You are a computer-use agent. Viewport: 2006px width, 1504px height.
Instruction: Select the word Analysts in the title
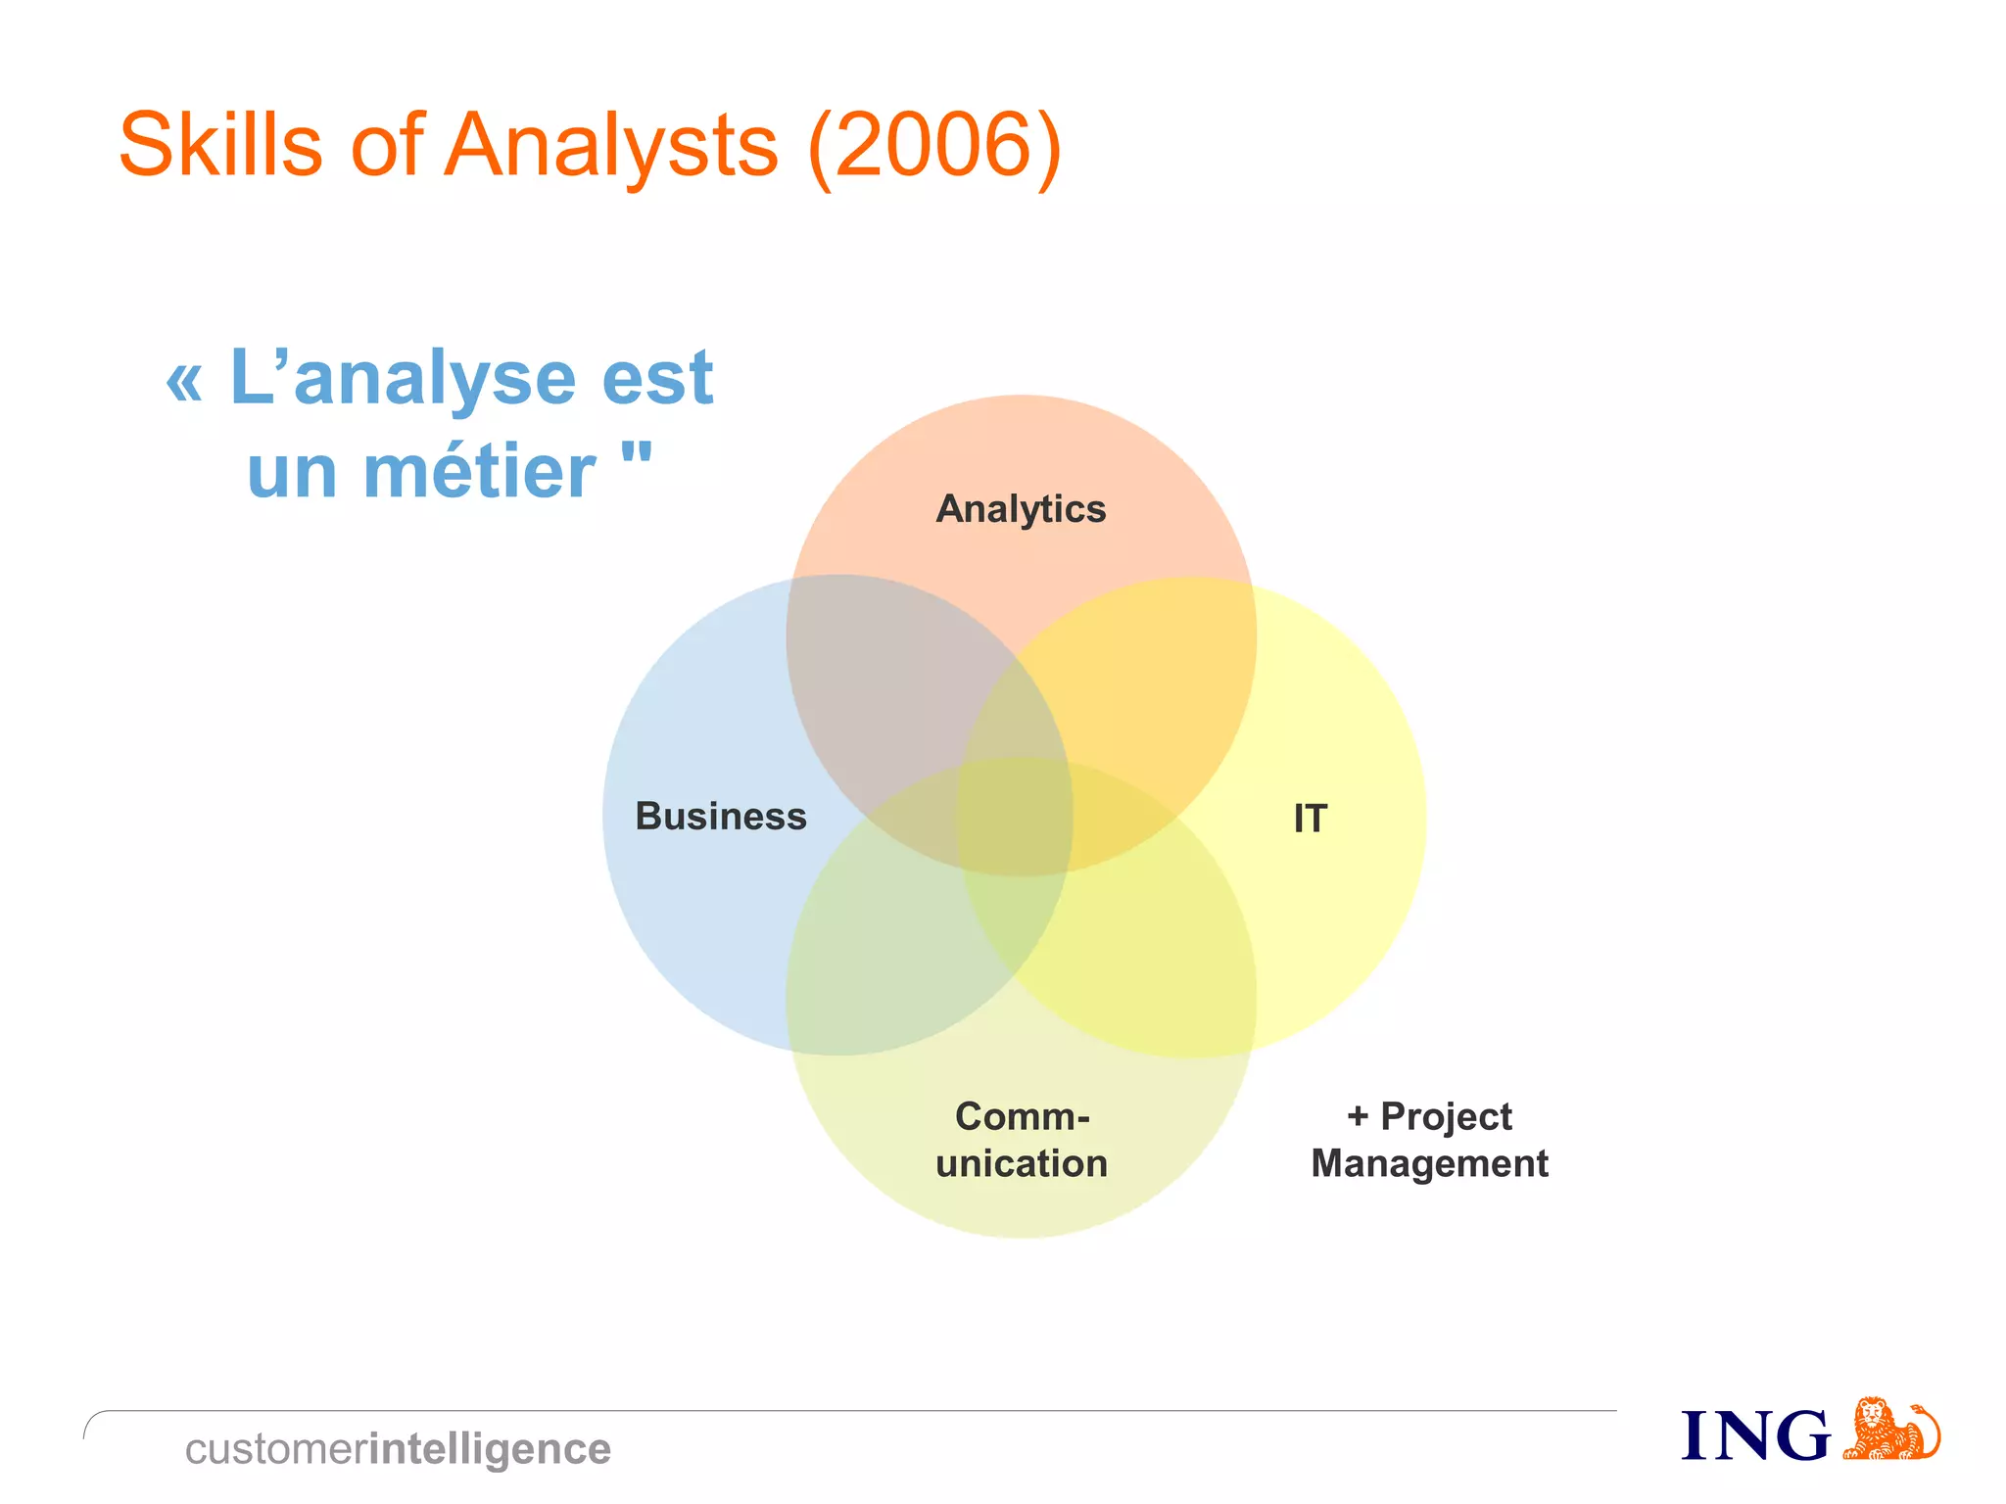(x=611, y=147)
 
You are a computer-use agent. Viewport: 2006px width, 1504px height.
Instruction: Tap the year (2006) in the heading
(x=934, y=147)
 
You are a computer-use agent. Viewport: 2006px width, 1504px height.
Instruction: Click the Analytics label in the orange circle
(x=1021, y=509)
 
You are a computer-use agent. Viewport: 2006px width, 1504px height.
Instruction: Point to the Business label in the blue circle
(x=721, y=817)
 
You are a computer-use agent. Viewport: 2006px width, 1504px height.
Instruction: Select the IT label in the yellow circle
(x=1310, y=819)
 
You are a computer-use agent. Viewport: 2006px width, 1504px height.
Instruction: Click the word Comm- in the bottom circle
(x=1022, y=1116)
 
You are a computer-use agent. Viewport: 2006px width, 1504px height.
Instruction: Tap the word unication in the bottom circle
(x=1022, y=1163)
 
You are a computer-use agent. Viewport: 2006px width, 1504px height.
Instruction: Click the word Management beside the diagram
(x=1429, y=1163)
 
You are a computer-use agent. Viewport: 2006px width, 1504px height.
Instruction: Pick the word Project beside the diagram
(x=1446, y=1116)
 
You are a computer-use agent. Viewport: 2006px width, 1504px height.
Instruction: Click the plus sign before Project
(x=1358, y=1116)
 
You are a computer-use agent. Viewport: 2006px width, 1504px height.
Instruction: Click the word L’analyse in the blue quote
(x=403, y=378)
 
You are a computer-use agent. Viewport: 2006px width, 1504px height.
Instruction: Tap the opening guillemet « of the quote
(x=185, y=382)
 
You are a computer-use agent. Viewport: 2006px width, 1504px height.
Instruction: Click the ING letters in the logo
(x=1755, y=1436)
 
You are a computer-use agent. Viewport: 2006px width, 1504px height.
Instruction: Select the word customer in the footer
(x=276, y=1449)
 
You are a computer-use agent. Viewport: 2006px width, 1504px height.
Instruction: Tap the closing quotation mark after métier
(x=637, y=456)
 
